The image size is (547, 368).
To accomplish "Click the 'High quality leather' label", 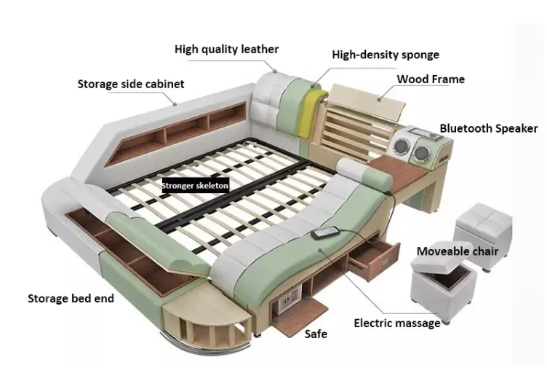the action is pos(226,50).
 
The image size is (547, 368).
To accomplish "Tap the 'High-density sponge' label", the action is pos(386,55).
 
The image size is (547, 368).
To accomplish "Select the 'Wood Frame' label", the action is pos(431,79).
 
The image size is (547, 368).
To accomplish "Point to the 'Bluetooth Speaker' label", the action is pos(488,128).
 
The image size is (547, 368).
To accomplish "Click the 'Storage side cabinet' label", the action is pos(131,84).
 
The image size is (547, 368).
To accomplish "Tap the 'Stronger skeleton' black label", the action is pos(196,186).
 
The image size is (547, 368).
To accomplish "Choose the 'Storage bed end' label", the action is pos(71,299).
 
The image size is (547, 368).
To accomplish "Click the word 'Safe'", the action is pos(316,334).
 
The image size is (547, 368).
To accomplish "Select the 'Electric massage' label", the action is pos(397,324).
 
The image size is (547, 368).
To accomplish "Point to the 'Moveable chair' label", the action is pos(458,251).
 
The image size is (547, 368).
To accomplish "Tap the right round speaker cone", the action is pos(421,152).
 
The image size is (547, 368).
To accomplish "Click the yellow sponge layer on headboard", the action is pos(308,111).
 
